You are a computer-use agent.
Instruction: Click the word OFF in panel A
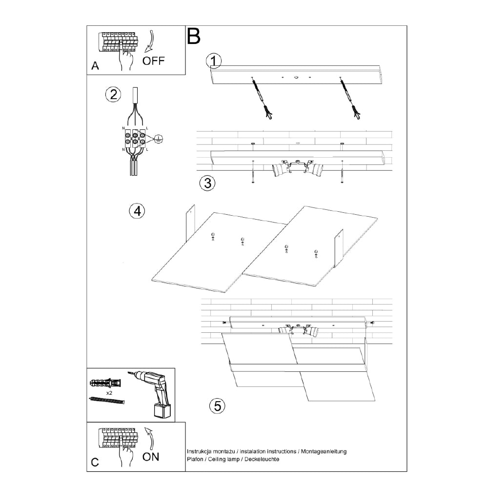154,61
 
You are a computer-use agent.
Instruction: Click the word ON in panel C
151,457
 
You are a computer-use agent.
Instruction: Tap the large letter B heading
194,36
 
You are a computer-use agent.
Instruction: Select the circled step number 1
214,61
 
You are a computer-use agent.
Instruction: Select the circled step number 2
113,94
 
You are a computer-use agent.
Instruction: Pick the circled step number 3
207,183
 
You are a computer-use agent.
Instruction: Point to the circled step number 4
137,211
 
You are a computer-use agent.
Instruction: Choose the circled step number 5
217,405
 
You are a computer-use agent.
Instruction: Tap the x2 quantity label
109,392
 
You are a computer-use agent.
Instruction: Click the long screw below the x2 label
107,400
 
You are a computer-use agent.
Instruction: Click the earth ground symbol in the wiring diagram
158,139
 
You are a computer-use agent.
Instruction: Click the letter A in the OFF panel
95,66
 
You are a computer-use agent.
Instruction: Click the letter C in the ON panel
95,462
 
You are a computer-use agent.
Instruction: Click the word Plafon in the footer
195,460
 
